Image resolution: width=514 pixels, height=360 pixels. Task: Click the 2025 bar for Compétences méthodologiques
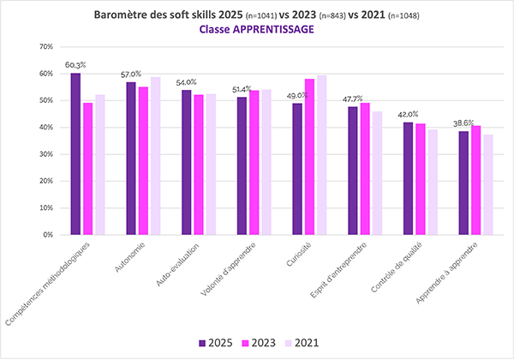75,154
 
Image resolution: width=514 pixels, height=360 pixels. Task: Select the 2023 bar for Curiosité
310,157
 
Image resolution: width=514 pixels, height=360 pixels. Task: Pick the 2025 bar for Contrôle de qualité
408,178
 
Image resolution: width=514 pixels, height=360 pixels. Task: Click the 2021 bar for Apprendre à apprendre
487,184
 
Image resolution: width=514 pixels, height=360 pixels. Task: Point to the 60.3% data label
75,65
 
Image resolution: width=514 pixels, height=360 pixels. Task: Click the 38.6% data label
464,123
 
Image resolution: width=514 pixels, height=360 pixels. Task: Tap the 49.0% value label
297,95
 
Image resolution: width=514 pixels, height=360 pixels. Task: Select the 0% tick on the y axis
48,235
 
